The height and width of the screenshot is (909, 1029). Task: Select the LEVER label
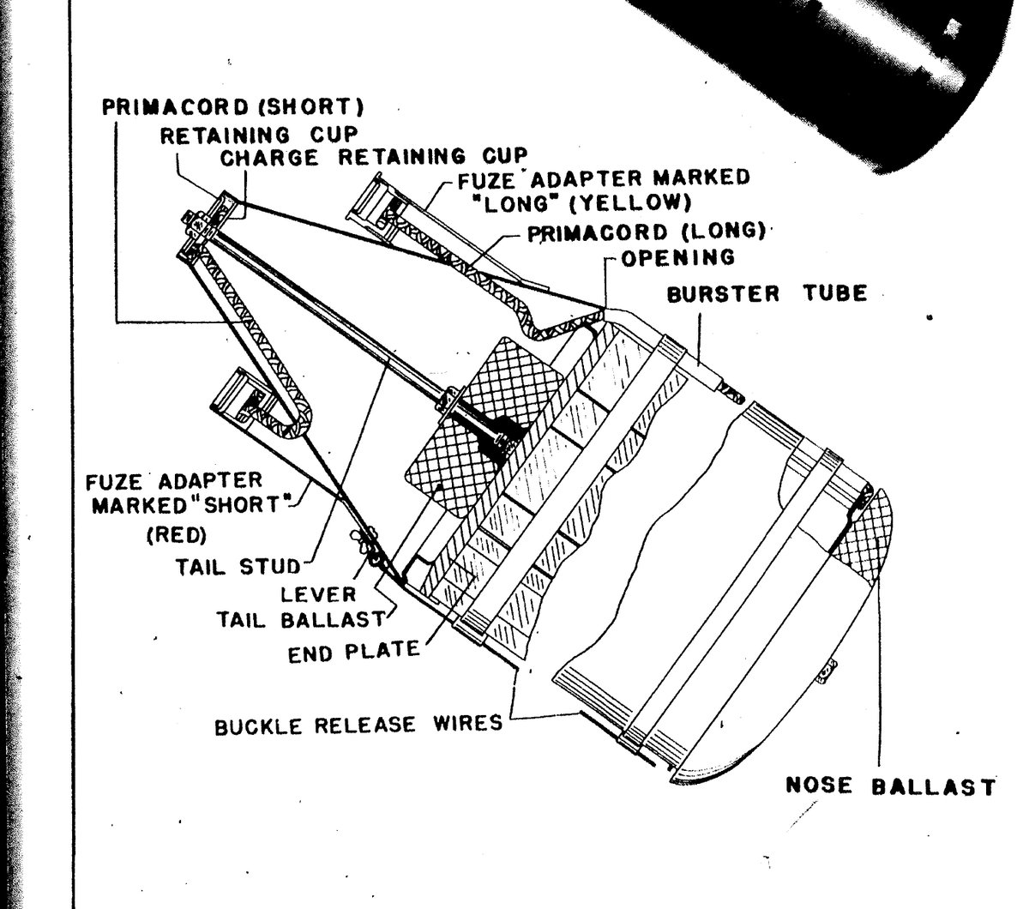tap(320, 593)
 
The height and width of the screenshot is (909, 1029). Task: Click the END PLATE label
tap(353, 649)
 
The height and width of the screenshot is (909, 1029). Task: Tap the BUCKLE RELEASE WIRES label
tap(358, 725)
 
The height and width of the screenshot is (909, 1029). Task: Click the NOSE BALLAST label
tap(890, 786)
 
